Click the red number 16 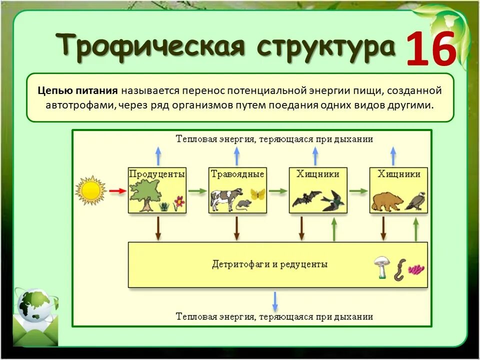pyautogui.click(x=431, y=49)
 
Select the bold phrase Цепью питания pyautogui.click(x=77, y=91)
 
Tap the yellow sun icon pyautogui.click(x=91, y=190)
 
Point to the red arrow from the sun pyautogui.click(x=117, y=191)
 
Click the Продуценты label pyautogui.click(x=157, y=174)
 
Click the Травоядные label pyautogui.click(x=237, y=174)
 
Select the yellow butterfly pyautogui.click(x=257, y=194)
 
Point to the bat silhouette pyautogui.click(x=302, y=199)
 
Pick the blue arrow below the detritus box pyautogui.click(x=274, y=301)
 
